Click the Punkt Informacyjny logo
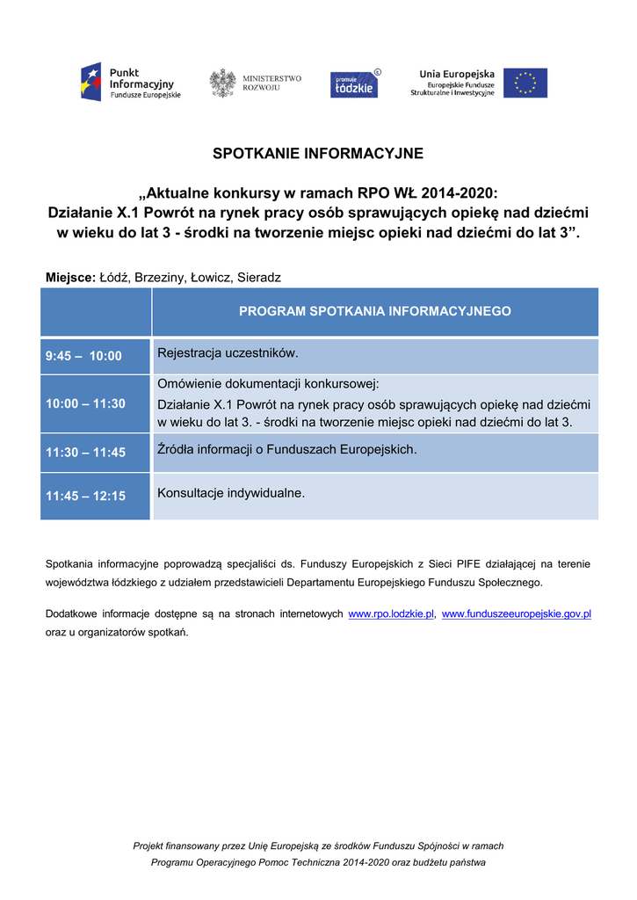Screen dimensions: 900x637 (x=130, y=83)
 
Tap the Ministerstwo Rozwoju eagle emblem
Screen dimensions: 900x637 (x=222, y=83)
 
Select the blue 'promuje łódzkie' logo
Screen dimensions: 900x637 (x=355, y=83)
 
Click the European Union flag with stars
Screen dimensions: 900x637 (x=525, y=83)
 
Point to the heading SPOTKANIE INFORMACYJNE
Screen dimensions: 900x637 (x=318, y=154)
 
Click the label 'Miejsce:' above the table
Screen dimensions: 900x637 (x=70, y=278)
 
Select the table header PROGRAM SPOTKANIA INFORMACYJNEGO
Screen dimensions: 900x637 (x=375, y=311)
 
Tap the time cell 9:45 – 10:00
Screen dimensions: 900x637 (x=83, y=356)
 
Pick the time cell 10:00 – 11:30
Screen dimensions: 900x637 (x=85, y=403)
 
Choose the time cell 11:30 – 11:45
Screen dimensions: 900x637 (x=85, y=453)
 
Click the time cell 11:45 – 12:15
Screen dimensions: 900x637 (x=85, y=496)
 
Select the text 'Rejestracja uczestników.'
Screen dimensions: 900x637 (x=228, y=353)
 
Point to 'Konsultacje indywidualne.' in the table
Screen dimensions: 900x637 (x=231, y=493)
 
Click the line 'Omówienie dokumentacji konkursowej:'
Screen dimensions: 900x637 (x=268, y=384)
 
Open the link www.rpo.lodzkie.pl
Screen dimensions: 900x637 (x=392, y=613)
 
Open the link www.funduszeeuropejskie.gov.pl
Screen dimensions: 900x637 (x=516, y=613)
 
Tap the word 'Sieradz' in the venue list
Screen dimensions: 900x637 (x=258, y=278)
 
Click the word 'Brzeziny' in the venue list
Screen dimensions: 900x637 (x=160, y=278)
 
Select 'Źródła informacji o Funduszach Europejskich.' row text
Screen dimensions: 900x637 (x=286, y=450)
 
